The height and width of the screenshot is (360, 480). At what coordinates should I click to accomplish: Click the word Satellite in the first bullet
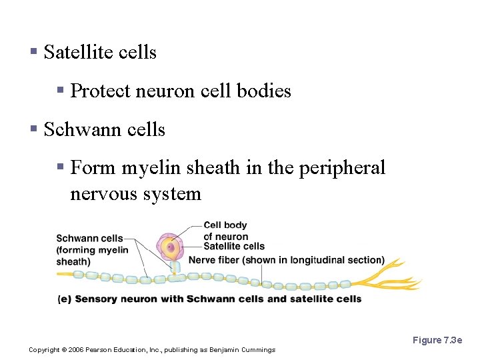[76, 52]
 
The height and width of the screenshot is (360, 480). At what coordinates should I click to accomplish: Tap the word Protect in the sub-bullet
[99, 91]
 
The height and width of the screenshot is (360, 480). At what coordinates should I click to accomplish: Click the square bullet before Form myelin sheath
[60, 167]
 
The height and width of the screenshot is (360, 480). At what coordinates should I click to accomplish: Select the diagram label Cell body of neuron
[225, 231]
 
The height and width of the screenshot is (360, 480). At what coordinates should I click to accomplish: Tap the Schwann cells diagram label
[89, 238]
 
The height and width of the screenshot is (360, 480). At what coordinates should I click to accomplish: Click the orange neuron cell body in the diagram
[171, 248]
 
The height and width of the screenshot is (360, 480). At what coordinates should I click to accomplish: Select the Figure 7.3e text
[437, 340]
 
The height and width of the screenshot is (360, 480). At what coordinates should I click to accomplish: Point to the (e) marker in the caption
[65, 299]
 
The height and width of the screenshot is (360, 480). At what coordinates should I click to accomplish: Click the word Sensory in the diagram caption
[96, 299]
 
